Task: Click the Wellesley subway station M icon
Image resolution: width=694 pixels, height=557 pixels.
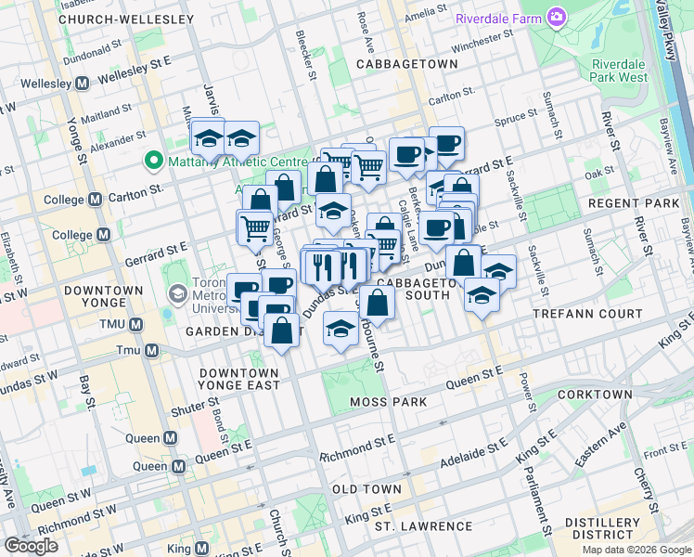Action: coord(82,84)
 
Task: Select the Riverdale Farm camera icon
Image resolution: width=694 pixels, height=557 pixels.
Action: coord(556,17)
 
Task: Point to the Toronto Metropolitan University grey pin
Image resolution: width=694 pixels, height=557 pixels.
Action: coord(176,294)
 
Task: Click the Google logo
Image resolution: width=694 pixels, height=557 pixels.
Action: coord(31,546)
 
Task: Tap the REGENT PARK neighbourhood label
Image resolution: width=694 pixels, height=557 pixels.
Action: coord(641,202)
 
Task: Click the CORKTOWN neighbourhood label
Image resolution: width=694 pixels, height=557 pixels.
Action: coord(596,395)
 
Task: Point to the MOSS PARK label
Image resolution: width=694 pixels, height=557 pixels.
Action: coord(389,402)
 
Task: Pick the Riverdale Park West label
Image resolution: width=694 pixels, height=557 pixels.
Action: coord(620,71)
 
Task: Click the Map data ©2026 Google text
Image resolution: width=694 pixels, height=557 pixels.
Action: coord(636,550)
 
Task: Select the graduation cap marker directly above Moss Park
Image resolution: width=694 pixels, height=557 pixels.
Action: coord(341,330)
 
